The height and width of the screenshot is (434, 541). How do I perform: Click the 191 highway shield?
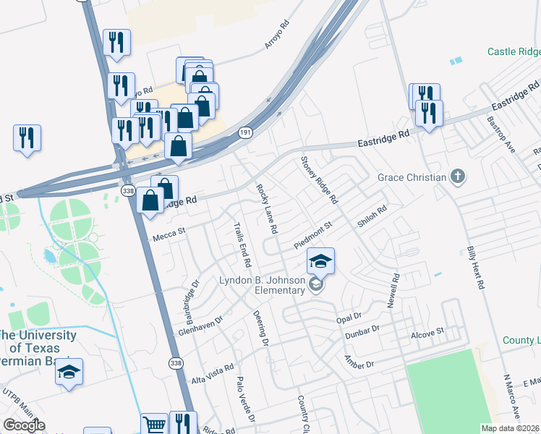(x=246, y=132)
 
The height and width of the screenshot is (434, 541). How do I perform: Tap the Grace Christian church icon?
(x=457, y=176)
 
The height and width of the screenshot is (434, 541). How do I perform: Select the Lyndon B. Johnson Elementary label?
(x=263, y=285)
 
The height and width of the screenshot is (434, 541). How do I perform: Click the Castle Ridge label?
(x=514, y=51)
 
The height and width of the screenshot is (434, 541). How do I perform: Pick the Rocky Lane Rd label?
(x=267, y=208)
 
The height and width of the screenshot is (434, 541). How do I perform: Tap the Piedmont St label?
(x=312, y=235)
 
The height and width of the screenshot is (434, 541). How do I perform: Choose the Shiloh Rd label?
(x=372, y=217)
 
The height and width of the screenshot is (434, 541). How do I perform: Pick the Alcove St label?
(x=427, y=333)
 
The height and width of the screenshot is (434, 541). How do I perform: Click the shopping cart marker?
(x=154, y=425)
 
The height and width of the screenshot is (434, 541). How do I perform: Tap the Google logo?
(x=24, y=426)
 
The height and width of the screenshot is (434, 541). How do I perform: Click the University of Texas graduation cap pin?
(x=69, y=372)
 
